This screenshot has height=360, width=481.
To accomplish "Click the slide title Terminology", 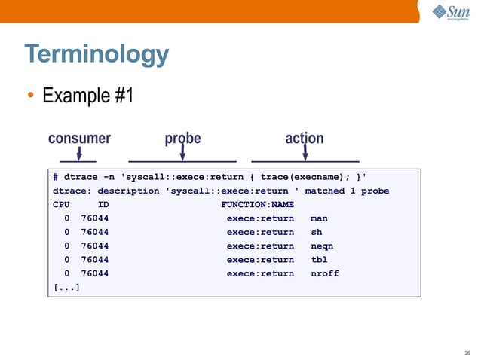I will [97, 55].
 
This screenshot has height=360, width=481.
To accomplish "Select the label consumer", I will [79, 139].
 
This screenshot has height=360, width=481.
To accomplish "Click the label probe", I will [183, 139].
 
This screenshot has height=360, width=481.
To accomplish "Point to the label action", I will [305, 139].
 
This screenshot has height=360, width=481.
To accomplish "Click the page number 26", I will [467, 352].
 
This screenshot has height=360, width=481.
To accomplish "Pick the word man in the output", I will [319, 218].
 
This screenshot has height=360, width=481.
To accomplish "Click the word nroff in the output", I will [325, 273].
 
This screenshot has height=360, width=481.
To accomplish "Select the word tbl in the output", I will [319, 260].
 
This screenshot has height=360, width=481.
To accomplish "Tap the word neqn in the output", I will [322, 246].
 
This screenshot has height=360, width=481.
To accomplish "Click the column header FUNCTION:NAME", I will [257, 205].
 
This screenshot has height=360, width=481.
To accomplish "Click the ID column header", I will [103, 205].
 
